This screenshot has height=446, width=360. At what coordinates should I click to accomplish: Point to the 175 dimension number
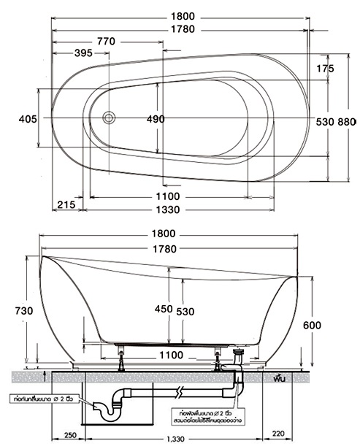(x=326, y=68)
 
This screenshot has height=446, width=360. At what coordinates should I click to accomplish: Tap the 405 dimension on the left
(x=27, y=118)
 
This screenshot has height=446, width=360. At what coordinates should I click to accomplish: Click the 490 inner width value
(x=156, y=118)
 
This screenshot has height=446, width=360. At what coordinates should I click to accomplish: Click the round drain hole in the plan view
(x=110, y=116)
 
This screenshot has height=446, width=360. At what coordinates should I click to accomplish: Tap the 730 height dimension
(x=23, y=310)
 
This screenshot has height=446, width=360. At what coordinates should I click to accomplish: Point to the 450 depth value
(x=164, y=309)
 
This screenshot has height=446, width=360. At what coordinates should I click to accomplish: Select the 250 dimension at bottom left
(x=70, y=436)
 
